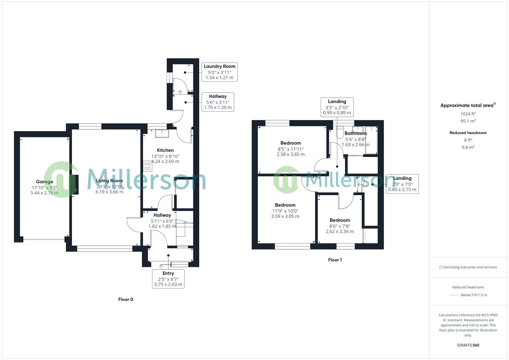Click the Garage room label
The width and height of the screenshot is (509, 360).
click(44, 182)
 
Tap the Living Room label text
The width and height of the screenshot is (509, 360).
click(109, 181)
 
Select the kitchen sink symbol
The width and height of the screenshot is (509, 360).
click(162, 133)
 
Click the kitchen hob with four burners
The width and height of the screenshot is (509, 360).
click(147, 166)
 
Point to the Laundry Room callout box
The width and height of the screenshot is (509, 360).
click(219, 72)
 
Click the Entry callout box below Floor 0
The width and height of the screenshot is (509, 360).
click(168, 279)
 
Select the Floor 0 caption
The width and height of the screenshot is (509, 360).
click(126, 299)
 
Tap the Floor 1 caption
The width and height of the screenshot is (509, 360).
click(335, 260)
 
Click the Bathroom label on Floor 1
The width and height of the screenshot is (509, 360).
click(356, 133)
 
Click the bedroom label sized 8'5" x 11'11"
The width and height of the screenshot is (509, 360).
click(291, 143)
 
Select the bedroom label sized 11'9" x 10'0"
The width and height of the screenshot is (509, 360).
click(285, 205)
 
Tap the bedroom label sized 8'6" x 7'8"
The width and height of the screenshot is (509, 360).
click(340, 220)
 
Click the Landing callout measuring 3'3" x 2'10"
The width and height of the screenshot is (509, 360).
click(337, 107)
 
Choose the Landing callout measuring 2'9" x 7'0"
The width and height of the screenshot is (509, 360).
click(402, 184)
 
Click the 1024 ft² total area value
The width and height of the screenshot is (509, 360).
click(468, 114)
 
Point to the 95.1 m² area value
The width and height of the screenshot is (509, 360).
click(468, 121)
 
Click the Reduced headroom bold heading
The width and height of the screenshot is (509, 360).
click(468, 133)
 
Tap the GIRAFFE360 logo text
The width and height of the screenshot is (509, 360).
click(468, 345)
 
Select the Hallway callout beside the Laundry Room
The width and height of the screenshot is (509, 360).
click(218, 102)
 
